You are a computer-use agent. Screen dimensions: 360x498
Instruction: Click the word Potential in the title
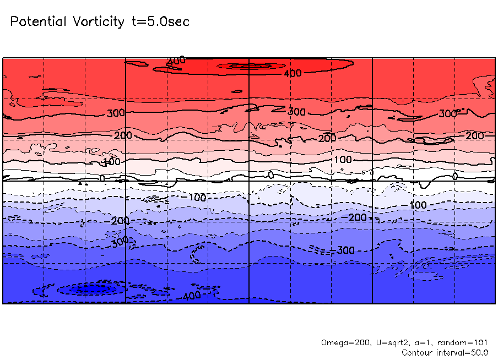pyautogui.click(x=38, y=22)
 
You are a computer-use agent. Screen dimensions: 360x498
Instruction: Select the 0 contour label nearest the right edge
pyautogui.click(x=454, y=176)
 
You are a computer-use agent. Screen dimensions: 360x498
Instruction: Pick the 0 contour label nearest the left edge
pyautogui.click(x=102, y=179)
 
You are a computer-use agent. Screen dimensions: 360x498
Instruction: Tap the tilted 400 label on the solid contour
pyautogui.click(x=177, y=61)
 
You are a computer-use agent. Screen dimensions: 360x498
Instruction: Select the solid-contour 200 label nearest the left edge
pyautogui.click(x=120, y=135)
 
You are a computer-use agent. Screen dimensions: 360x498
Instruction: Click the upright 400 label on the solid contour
pyautogui.click(x=293, y=73)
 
